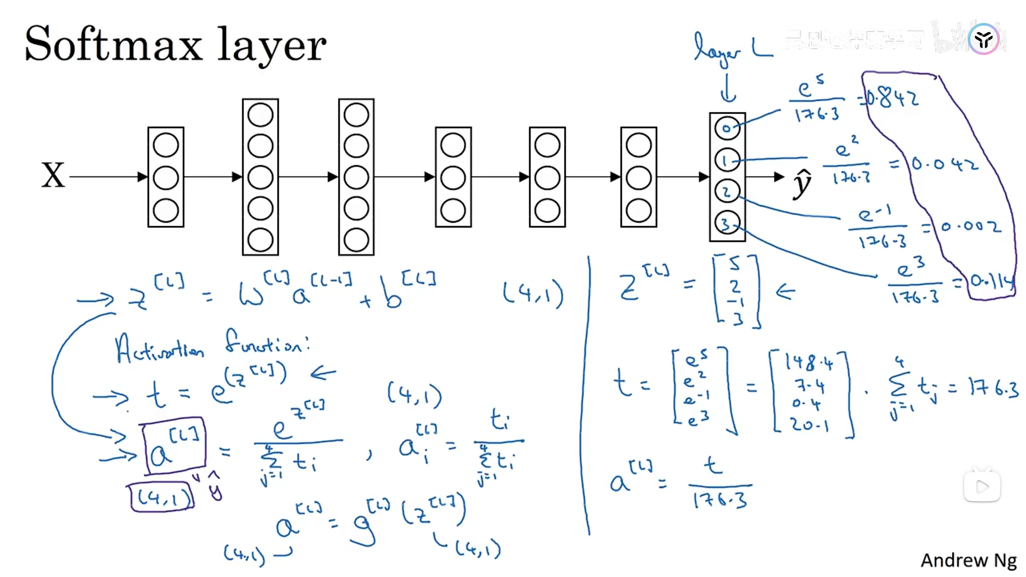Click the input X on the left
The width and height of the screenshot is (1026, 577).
point(53,176)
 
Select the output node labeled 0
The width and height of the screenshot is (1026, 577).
point(727,128)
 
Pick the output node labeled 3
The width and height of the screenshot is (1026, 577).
point(727,223)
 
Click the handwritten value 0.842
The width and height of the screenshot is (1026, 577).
point(891,98)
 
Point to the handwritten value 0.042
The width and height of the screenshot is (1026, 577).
point(945,163)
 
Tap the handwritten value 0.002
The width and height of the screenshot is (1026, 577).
point(970,227)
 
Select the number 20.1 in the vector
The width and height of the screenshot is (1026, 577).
point(810,425)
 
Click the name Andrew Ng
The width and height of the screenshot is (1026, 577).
point(968,560)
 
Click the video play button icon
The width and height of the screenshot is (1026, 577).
point(982,487)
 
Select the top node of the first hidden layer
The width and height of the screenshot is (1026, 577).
point(166,145)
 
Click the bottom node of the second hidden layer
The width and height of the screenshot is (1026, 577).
point(260,240)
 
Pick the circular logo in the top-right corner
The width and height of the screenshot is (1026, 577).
point(984,39)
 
